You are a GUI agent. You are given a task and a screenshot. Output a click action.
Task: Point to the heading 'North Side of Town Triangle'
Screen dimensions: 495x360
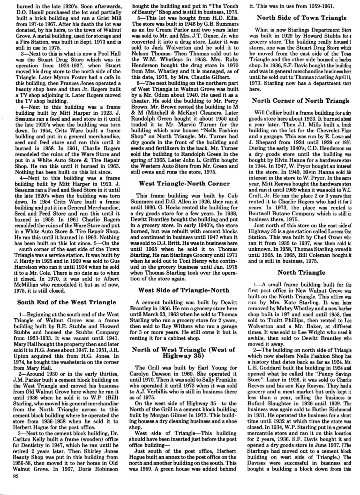[x=301, y=18]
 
